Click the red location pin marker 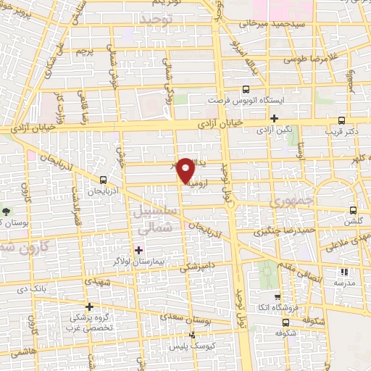186,170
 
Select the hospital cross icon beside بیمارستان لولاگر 139,250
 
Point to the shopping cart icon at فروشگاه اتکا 278,296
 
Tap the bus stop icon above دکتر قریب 342,120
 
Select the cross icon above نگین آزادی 274,118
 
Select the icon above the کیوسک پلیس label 192,335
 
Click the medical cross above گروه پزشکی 90,307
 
